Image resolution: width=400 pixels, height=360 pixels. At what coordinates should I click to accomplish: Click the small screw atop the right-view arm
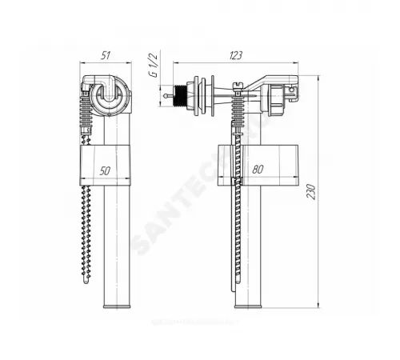(x=238, y=82)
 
